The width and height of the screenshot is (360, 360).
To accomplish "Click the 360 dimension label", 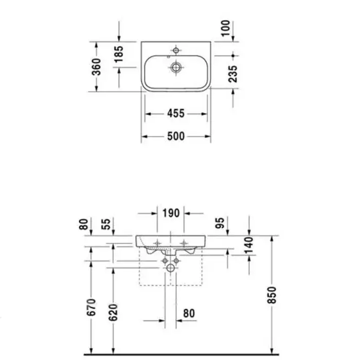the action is (x=97, y=67).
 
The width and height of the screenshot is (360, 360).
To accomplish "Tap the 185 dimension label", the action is (x=119, y=54).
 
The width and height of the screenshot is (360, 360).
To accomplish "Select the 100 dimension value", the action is (x=225, y=28).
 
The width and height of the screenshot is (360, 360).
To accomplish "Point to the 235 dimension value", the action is (x=233, y=74).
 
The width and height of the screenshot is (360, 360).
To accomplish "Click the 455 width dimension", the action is (x=176, y=114).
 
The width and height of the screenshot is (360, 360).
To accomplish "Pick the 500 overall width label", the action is (x=176, y=136).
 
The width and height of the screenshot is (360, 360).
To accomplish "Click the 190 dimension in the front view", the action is (x=171, y=213).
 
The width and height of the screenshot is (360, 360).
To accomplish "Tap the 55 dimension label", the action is (x=106, y=224).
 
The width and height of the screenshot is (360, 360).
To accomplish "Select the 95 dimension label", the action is (x=220, y=223).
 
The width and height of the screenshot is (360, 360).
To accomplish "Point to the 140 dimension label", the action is (x=249, y=245).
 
